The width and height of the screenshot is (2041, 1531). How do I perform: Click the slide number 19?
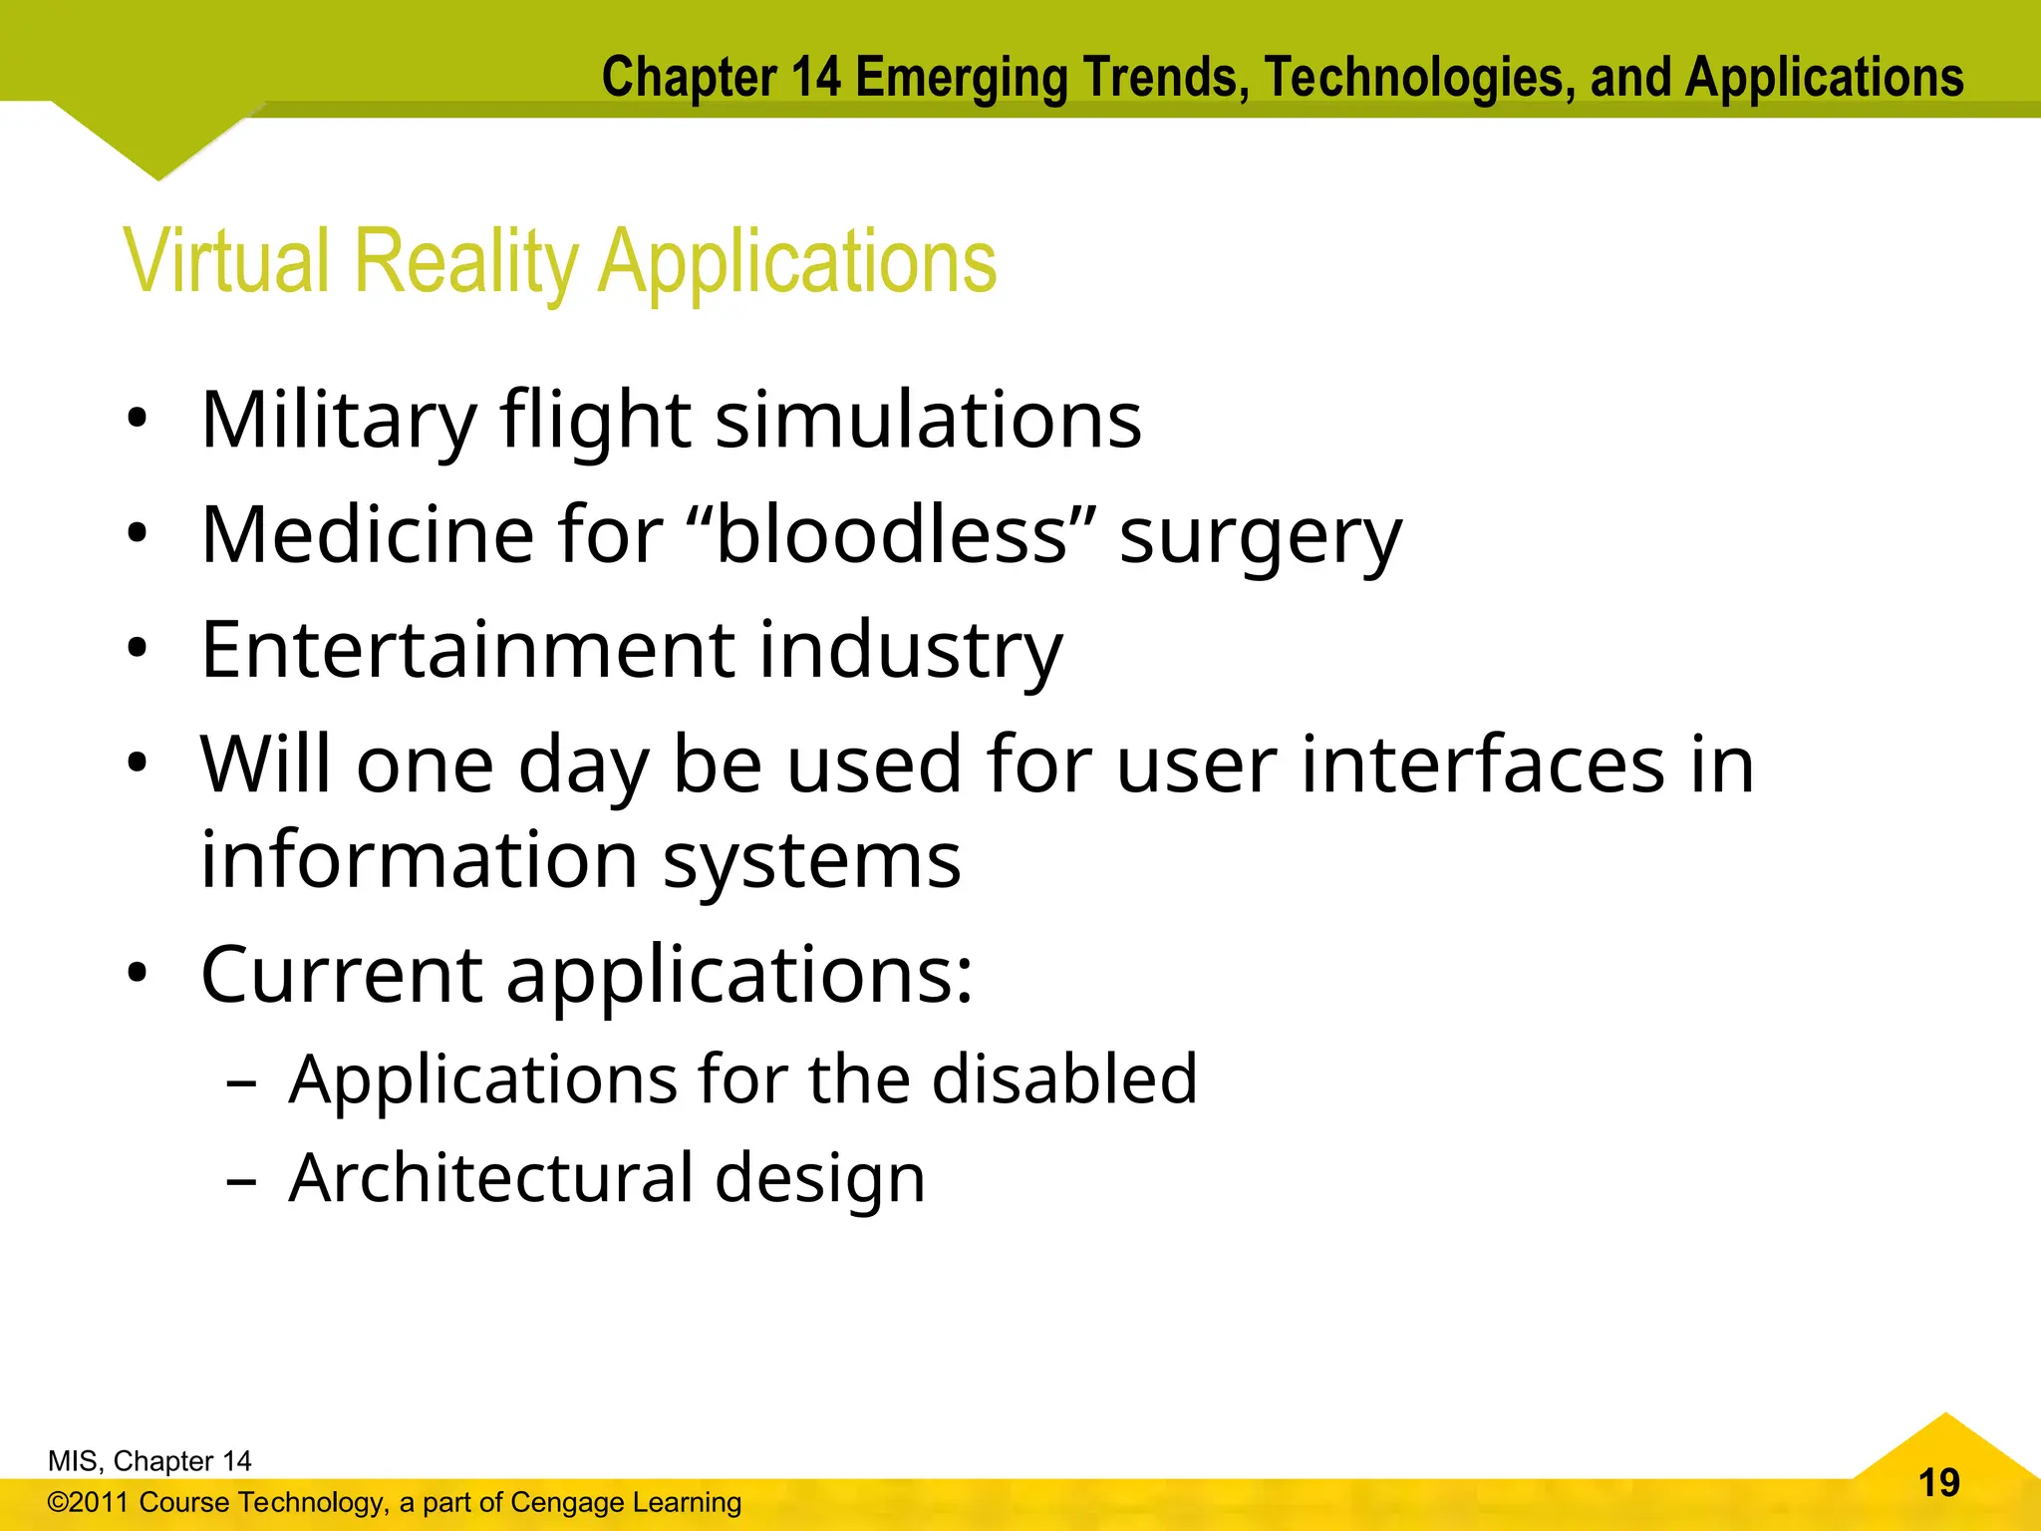1938,1483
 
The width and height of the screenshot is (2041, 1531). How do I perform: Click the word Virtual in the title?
226,261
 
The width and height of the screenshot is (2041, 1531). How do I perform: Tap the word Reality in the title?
465,261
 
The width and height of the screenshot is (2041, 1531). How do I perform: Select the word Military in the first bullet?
339,421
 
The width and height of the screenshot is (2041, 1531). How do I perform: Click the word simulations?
928,421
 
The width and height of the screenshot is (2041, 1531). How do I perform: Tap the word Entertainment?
467,650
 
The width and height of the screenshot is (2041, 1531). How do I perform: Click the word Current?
341,975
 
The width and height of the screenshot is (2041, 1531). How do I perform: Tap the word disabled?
1063,1079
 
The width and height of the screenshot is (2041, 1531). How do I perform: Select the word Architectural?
490,1178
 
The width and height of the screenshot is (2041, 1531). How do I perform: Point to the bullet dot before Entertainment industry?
138,650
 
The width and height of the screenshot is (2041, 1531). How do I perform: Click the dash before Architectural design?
241,1181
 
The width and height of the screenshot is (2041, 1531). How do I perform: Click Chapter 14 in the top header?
722,78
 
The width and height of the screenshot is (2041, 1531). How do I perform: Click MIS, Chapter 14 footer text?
149,1461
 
